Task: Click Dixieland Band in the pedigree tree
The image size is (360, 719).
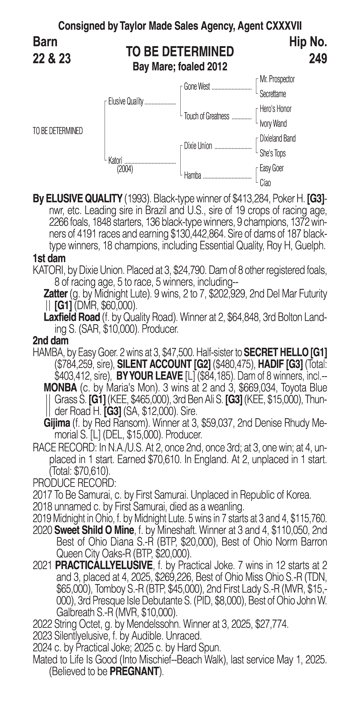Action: pos(277,138)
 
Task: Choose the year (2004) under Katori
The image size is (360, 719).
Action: pos(125,169)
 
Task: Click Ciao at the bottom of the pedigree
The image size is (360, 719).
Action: pos(265,183)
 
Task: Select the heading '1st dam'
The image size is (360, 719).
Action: pos(49,258)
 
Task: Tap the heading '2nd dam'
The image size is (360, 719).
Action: pos(51,340)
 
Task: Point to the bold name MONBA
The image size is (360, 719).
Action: pos(60,388)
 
